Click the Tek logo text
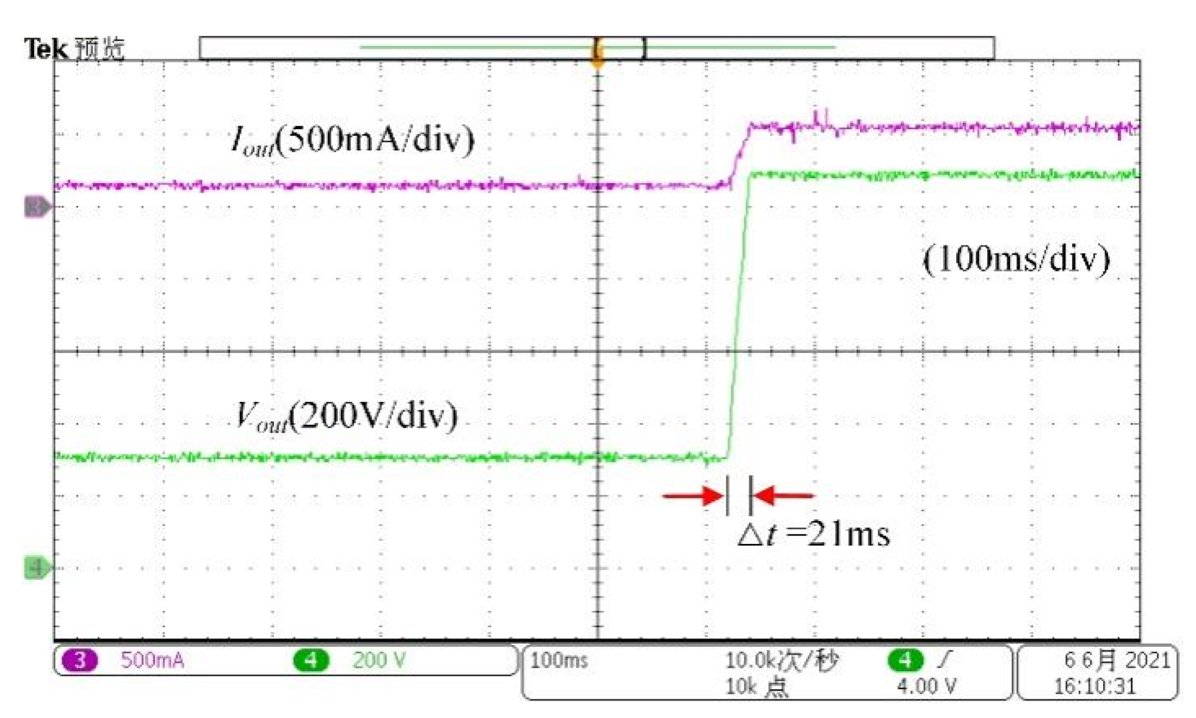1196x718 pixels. coord(45,48)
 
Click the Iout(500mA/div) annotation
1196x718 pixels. coord(353,140)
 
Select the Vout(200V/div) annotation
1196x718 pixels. coord(347,415)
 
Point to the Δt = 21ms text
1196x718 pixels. coord(813,534)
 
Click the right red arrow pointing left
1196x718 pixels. coord(783,496)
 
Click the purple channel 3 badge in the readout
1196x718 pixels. coord(80,661)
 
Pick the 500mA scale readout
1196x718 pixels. coord(152,661)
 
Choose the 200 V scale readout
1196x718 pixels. coord(379,661)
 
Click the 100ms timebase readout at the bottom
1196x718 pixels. coord(559,661)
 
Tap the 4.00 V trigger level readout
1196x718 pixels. coord(926,686)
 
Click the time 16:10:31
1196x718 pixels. coord(1094,686)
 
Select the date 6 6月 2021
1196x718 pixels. coord(1116,661)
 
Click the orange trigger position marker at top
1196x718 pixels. coord(597,54)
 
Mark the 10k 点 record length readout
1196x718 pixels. coord(756,686)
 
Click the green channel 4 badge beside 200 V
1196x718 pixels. coord(311,661)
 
